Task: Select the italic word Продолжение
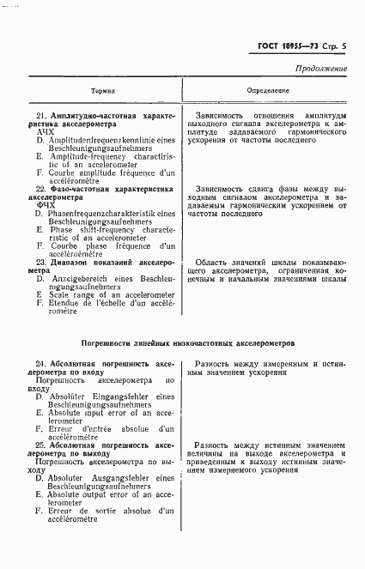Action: (x=320, y=68)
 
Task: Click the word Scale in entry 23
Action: (x=59, y=295)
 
